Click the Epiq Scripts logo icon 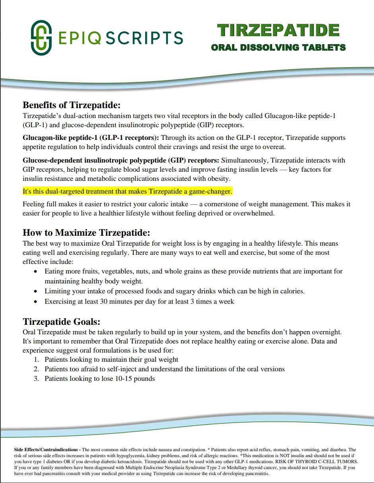pos(41,38)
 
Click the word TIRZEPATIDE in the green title pos(279,31)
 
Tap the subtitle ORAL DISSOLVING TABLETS pos(278,48)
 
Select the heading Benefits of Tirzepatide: pos(71,105)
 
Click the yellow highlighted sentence pos(127,191)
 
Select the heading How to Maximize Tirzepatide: pos(86,233)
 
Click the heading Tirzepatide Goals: pos(61,321)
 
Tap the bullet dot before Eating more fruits pos(36,272)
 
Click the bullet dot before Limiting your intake pos(36,291)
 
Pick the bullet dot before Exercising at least pos(36,302)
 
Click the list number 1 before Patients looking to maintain pos(36,360)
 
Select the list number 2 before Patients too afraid pos(36,369)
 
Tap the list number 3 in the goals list pos(36,379)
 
